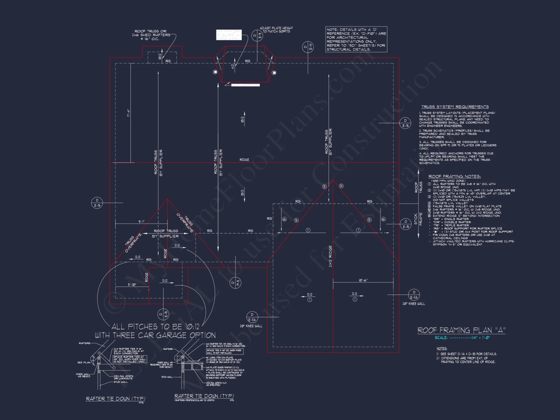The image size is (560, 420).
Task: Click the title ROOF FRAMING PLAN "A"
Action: point(461,330)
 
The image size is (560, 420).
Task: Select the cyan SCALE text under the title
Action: point(462,338)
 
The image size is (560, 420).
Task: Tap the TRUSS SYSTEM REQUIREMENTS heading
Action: point(455,107)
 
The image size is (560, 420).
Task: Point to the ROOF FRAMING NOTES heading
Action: point(454,176)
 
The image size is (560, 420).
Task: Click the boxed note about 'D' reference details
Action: point(356,39)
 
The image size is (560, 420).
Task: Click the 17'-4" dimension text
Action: point(129,113)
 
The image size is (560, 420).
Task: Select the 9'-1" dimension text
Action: point(141,221)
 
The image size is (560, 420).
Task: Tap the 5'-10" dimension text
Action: point(132,284)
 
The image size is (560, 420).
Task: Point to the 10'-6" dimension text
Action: point(363,280)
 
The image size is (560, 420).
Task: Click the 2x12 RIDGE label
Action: point(330,256)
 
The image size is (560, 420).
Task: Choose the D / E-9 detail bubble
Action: point(257,36)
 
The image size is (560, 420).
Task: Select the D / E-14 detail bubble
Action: point(308,47)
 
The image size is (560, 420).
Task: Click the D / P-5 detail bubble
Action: point(235,283)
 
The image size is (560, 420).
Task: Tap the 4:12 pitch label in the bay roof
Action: point(232,66)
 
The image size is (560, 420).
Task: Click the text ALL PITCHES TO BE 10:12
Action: point(155,326)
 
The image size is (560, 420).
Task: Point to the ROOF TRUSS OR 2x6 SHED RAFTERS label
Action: point(151,35)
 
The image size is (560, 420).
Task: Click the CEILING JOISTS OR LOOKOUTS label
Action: point(123,377)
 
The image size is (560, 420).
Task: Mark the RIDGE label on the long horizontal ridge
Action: point(244,160)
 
